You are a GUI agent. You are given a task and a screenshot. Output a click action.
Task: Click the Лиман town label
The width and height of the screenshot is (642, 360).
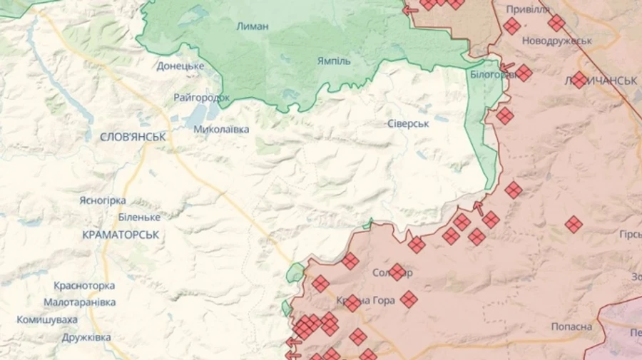point(253,26)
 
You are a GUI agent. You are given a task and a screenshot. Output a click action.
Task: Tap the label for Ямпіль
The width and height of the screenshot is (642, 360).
point(334,61)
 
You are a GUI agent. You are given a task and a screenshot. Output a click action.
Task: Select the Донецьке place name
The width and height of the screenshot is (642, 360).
point(180,66)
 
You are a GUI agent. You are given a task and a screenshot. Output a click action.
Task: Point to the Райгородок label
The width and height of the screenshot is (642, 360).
point(201,97)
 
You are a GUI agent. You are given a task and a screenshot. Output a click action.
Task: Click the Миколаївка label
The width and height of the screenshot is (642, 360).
point(221,129)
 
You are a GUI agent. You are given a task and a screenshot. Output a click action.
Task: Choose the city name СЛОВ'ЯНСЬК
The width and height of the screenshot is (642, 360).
point(133,135)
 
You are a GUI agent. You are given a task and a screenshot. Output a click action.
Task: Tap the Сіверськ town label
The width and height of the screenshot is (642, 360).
point(408,123)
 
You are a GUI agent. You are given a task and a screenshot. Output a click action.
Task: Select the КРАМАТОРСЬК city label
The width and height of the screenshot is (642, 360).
point(121,234)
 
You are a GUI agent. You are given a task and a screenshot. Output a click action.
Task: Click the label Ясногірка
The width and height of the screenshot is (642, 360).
point(103,200)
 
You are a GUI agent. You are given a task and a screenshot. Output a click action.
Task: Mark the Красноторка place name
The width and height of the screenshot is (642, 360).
point(84,285)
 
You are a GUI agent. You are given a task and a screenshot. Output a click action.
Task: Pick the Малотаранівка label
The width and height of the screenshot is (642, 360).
point(79,302)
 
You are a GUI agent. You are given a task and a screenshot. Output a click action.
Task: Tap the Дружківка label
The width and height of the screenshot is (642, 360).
point(86,336)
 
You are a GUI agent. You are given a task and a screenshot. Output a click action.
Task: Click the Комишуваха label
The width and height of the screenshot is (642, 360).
point(48,319)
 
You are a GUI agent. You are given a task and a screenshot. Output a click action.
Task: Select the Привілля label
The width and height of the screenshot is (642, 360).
point(528,9)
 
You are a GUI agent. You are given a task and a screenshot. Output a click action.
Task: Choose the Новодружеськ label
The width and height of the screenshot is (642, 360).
point(557,41)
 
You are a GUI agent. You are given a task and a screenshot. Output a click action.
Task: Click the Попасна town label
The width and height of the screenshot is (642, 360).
point(571,326)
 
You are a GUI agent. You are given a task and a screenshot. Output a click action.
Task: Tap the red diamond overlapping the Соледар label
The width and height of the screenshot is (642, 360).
point(397,272)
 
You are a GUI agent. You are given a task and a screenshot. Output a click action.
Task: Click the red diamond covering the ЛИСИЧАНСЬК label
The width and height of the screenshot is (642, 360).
point(579,80)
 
